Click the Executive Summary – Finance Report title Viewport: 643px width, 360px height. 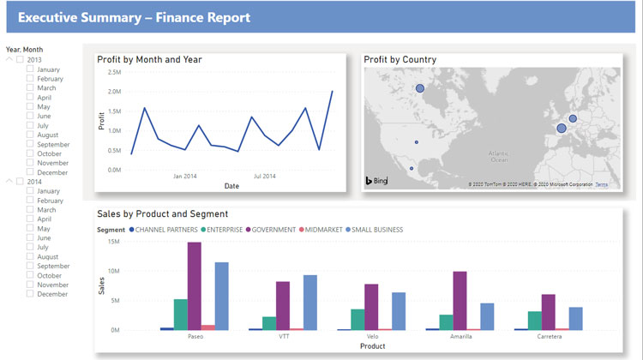(x=135, y=17)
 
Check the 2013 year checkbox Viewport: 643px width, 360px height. (x=21, y=60)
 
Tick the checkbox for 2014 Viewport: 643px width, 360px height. (x=21, y=182)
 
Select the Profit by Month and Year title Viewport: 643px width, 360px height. (x=149, y=59)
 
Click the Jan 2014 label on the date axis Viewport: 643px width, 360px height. (x=185, y=176)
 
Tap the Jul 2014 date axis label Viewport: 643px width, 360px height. (x=264, y=176)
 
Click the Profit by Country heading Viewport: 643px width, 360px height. (x=400, y=59)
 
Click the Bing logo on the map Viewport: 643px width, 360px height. (x=377, y=181)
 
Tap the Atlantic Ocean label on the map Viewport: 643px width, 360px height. (x=498, y=156)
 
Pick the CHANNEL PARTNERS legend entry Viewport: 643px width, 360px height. (x=164, y=230)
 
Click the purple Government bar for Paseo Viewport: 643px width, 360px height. (x=195, y=285)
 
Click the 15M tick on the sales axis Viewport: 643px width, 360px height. (x=114, y=242)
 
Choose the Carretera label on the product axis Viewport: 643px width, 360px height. (x=551, y=337)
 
